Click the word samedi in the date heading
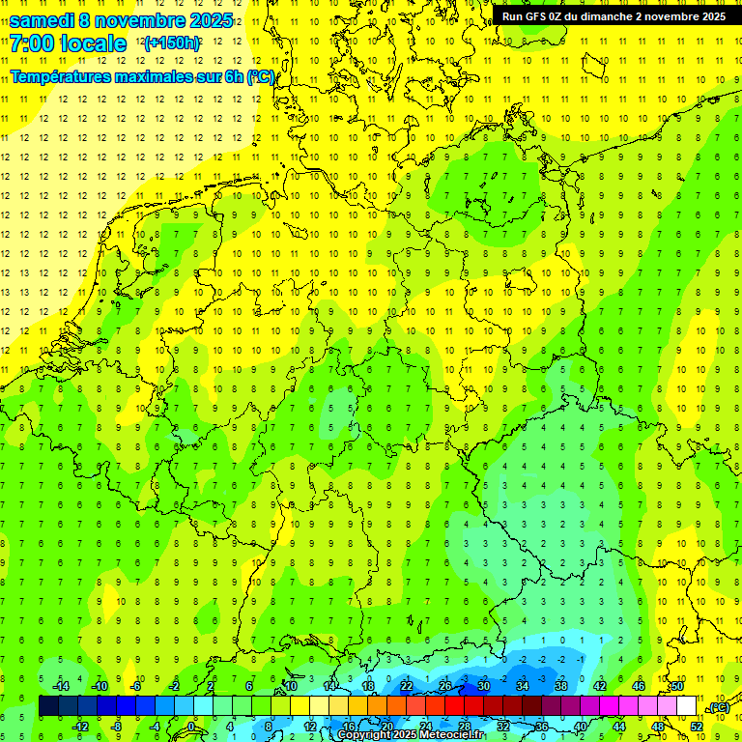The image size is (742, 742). point(43,20)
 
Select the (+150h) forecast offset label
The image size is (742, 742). point(171,43)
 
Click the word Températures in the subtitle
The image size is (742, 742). point(66,76)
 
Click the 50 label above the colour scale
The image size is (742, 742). point(677,686)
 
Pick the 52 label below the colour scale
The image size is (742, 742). point(697,727)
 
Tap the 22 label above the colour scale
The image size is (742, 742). point(406,686)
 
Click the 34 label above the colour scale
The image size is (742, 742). point(522,686)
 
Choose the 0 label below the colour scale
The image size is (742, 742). point(190,727)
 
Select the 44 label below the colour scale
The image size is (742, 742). point(619,727)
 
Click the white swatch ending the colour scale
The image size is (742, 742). point(687,706)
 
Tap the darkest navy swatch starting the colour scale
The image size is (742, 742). point(48,706)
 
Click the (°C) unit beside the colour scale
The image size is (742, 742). point(718,708)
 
